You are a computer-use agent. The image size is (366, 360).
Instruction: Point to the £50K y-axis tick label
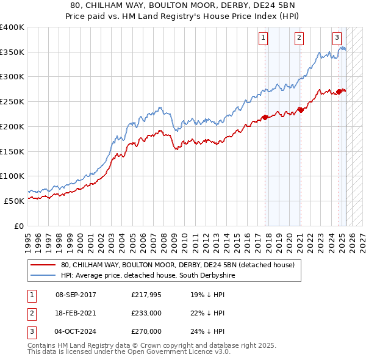pos(15,200)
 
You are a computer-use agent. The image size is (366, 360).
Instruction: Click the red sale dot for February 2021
pos(301,110)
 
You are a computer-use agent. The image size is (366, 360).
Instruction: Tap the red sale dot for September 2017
pos(265,118)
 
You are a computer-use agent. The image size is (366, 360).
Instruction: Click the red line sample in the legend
pos(43,265)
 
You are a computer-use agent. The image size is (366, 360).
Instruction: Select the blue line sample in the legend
pos(43,275)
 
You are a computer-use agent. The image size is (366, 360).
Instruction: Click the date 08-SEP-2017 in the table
pos(76,295)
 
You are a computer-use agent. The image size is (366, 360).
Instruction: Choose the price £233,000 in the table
pos(146,313)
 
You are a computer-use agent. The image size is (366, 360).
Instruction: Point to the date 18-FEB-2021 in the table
pos(76,313)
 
